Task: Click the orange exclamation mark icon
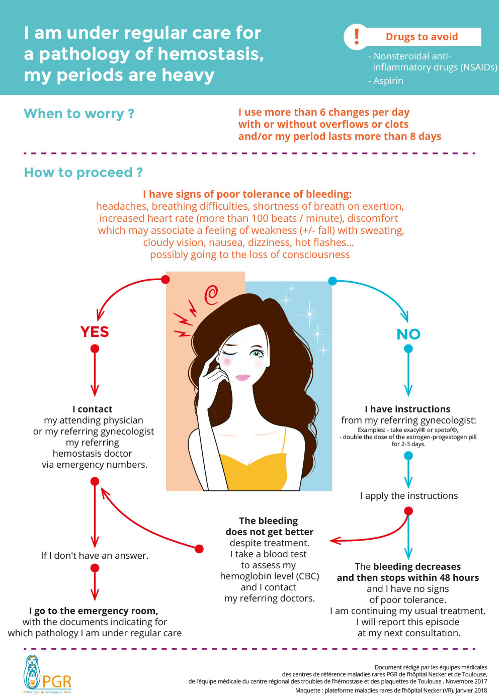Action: click(x=357, y=36)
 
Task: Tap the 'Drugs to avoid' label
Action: click(x=422, y=37)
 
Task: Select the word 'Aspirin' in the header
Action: click(x=388, y=81)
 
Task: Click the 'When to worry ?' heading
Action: click(x=79, y=114)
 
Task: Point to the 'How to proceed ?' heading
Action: click(x=84, y=172)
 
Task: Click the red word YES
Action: click(x=95, y=332)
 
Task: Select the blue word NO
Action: click(x=408, y=334)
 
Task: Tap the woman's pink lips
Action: click(x=242, y=377)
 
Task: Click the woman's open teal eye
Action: click(x=259, y=353)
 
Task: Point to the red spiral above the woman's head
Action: click(x=211, y=295)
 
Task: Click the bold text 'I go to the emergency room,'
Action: click(x=94, y=611)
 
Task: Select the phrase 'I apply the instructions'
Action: click(x=409, y=496)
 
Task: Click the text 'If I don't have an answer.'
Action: click(x=95, y=556)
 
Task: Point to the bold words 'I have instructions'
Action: click(x=407, y=409)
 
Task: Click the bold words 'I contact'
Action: click(x=93, y=409)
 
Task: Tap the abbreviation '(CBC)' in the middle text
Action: click(x=307, y=576)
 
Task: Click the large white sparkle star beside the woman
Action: click(x=309, y=314)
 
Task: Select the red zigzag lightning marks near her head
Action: click(x=184, y=319)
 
